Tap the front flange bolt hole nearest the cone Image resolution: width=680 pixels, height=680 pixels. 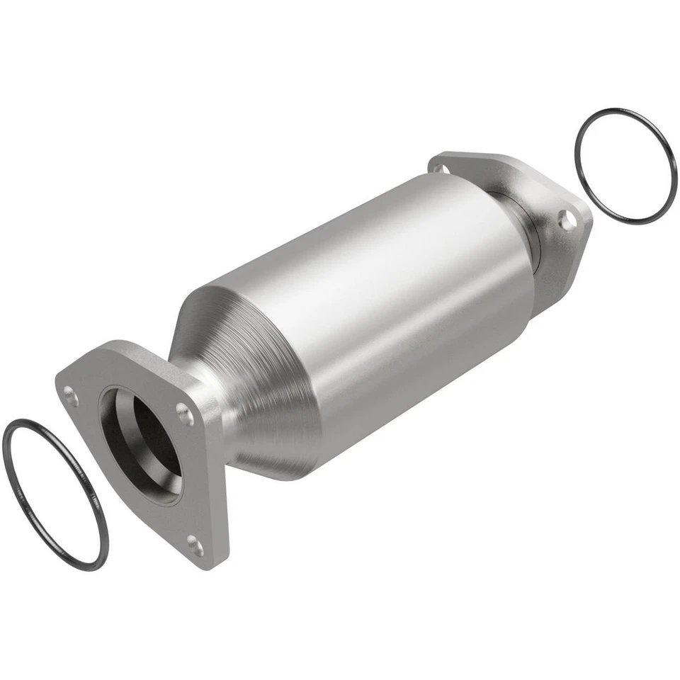(x=185, y=414)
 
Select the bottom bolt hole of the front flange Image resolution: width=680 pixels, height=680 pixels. (x=195, y=545)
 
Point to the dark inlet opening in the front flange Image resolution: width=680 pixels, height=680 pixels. (x=145, y=443)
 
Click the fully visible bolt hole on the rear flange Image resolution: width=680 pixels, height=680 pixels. (x=567, y=220)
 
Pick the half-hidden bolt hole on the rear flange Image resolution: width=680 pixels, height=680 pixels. (x=441, y=169)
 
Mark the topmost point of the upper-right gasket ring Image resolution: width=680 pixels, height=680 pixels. (x=615, y=109)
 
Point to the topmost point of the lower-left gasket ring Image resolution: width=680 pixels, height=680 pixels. (x=21, y=420)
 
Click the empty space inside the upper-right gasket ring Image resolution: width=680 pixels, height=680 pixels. (x=625, y=166)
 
